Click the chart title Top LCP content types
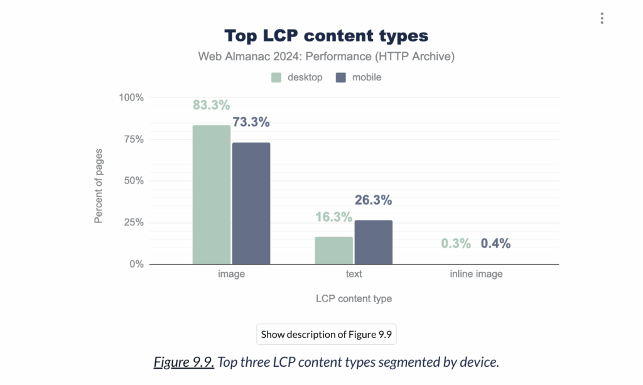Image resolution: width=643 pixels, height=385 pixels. click(326, 35)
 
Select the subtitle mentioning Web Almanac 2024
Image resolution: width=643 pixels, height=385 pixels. click(326, 57)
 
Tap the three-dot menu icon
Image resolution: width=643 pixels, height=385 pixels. click(602, 18)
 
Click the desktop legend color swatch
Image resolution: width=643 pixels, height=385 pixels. click(276, 78)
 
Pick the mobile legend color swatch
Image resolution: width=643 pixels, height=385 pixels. click(341, 78)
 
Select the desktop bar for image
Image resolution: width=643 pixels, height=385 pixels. click(212, 195)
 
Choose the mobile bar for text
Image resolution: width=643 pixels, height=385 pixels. click(374, 242)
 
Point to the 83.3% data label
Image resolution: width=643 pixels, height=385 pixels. click(211, 106)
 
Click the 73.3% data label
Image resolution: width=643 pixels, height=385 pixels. click(251, 122)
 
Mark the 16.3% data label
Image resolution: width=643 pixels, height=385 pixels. click(333, 217)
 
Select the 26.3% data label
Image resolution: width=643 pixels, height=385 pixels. click(373, 200)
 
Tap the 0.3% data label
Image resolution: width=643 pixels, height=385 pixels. click(455, 243)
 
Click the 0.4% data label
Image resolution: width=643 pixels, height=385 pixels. click(496, 243)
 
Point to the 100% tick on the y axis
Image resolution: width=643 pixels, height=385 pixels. click(131, 98)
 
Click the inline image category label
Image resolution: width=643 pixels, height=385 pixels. click(476, 274)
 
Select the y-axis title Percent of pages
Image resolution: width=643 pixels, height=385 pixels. click(99, 182)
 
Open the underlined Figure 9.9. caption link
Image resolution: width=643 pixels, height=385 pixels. click(184, 362)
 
